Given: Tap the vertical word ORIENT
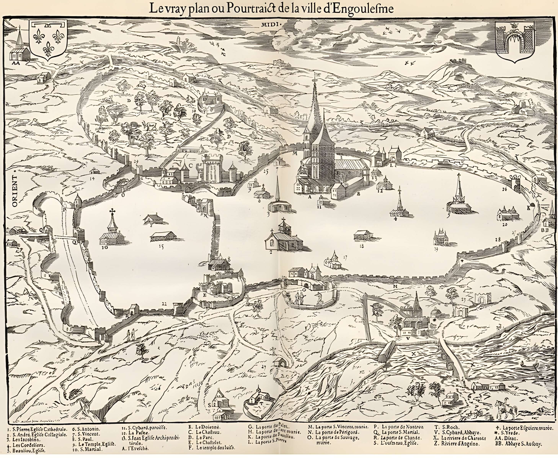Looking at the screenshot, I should [x=15, y=191].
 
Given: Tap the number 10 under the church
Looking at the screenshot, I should [x=104, y=248].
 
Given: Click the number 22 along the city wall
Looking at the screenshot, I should [x=164, y=304].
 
